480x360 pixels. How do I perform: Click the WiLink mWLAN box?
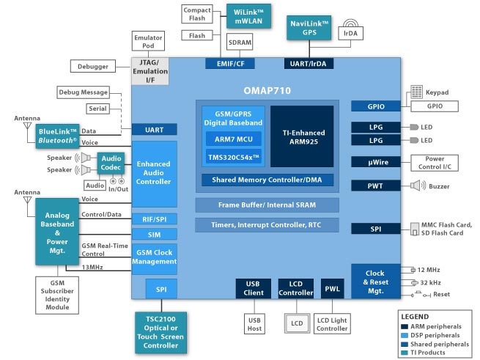coord(248,16)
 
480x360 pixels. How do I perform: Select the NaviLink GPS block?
coord(309,28)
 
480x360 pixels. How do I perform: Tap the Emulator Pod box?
coord(148,41)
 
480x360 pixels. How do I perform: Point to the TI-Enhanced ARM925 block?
coord(302,136)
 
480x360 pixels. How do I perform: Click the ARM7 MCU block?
coord(234,139)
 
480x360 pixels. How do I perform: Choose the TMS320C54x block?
coord(234,157)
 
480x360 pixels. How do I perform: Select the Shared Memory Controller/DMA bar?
coord(267,180)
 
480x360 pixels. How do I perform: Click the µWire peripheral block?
coord(376,162)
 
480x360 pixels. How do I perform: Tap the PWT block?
coord(376,185)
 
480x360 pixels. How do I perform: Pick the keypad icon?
coord(416,92)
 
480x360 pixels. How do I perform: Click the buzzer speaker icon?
coord(418,185)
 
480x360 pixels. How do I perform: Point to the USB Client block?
coord(254,288)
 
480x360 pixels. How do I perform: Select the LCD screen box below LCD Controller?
coord(297,323)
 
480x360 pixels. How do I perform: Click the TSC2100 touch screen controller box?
coord(160,332)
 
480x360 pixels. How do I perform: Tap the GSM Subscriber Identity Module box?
coord(57,295)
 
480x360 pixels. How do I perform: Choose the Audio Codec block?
coord(111,163)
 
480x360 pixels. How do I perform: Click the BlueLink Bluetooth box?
coord(58,136)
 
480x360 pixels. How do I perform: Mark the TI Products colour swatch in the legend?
coord(405,353)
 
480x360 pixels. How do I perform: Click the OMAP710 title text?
coord(267,91)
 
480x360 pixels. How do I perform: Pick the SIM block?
coord(155,235)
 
